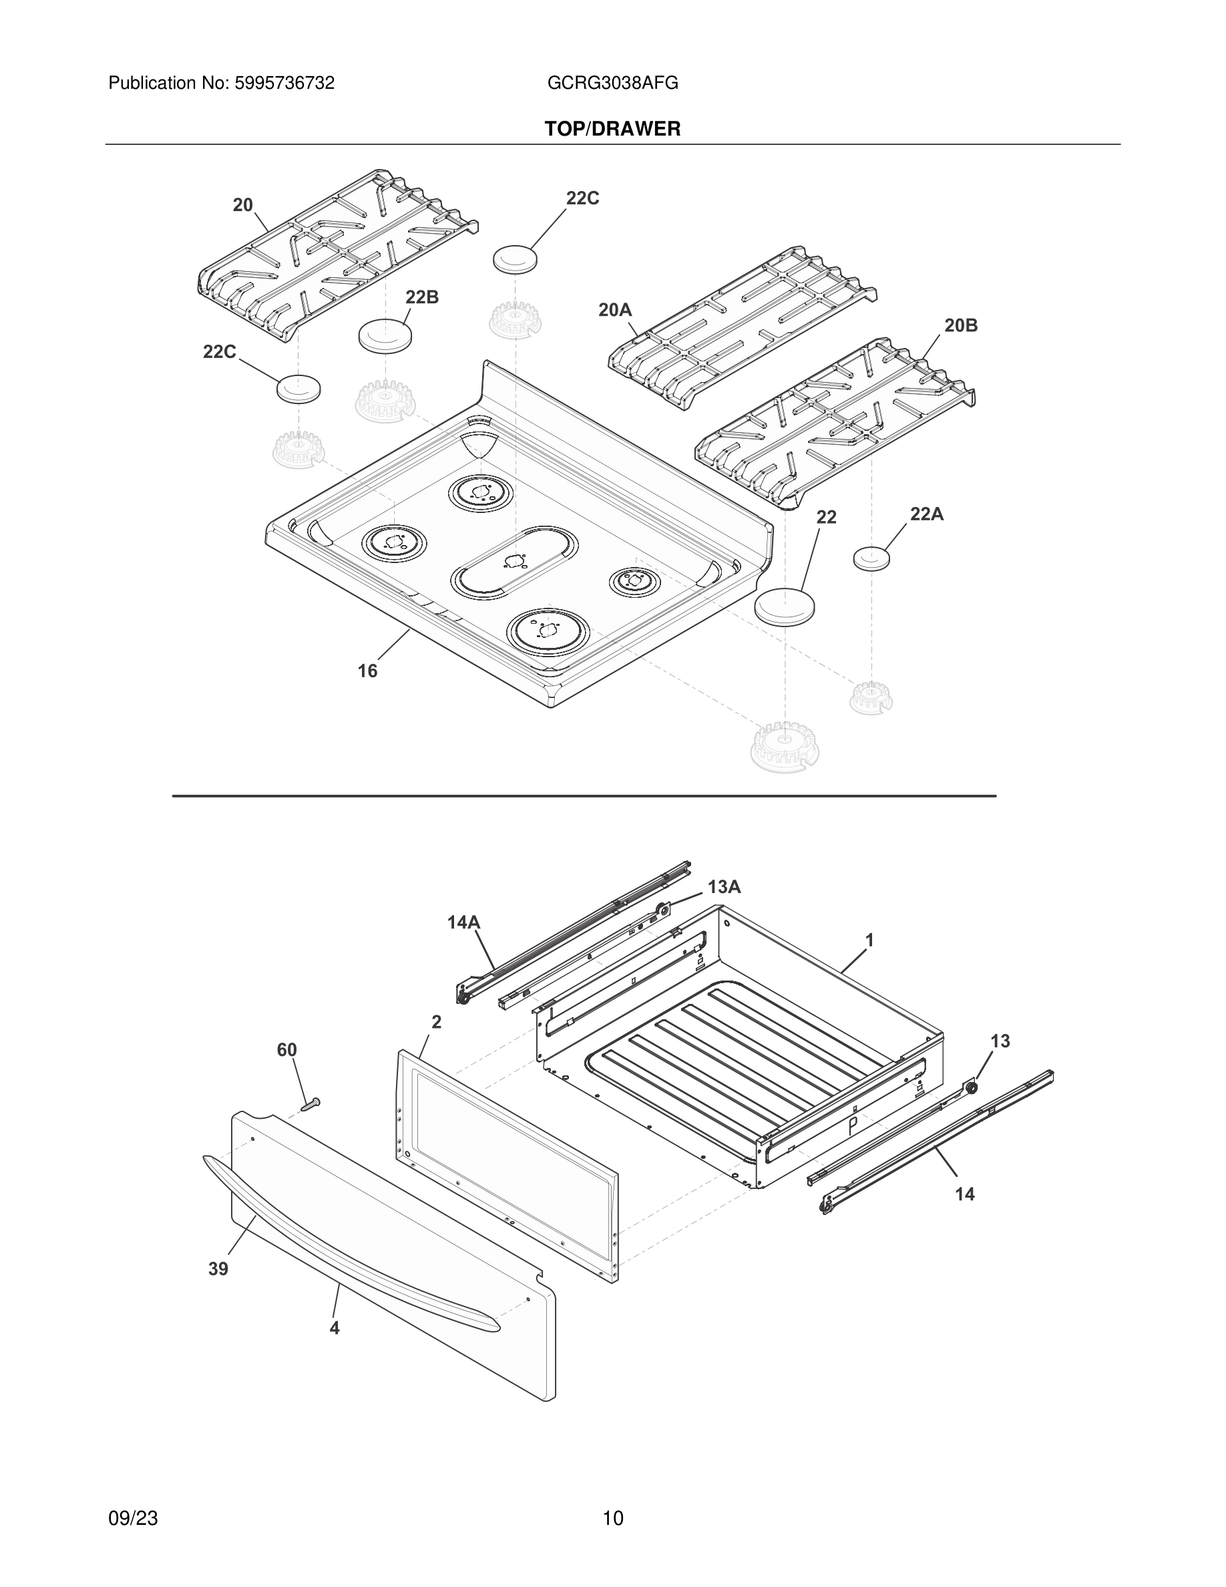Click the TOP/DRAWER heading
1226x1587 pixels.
[x=612, y=130]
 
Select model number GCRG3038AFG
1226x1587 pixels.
[x=612, y=83]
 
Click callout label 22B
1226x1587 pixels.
[x=422, y=297]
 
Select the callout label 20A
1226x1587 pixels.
[x=615, y=311]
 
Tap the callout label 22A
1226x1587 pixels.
[x=927, y=514]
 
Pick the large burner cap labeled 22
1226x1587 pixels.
[x=785, y=605]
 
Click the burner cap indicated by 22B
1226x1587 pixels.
[x=385, y=335]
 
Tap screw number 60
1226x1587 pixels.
[x=310, y=1105]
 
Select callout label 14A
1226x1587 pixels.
[x=463, y=922]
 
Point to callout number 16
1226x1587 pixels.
[x=367, y=671]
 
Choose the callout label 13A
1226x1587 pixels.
[x=724, y=886]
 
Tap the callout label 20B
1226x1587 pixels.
[x=961, y=325]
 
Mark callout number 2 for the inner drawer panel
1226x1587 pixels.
[x=437, y=1022]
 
